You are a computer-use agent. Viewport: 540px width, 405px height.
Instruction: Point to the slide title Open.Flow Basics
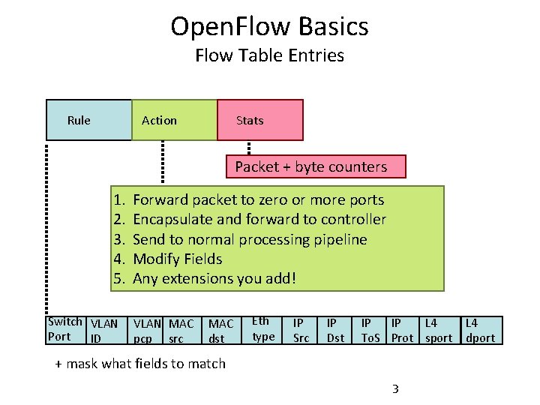(269, 27)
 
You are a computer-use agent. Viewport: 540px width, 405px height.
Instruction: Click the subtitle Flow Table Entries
(269, 55)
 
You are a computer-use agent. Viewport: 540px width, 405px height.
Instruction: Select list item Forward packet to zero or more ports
(257, 200)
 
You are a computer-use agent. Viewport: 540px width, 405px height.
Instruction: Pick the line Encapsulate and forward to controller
(259, 220)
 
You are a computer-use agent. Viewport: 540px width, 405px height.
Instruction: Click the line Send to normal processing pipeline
(250, 239)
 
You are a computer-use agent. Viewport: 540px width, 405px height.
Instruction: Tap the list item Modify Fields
(177, 259)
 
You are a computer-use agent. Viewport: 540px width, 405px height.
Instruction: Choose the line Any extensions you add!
(214, 278)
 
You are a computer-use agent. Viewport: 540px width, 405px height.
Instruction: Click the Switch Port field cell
(64, 329)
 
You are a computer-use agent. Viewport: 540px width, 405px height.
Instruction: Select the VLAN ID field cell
(103, 331)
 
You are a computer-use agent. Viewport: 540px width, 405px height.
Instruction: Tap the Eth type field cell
(263, 330)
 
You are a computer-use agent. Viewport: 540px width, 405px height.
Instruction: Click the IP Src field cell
(301, 331)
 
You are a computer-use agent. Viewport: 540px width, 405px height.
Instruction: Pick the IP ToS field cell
(370, 331)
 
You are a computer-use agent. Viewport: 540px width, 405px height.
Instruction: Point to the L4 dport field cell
(480, 331)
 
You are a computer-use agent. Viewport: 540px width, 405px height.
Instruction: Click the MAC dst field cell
(220, 331)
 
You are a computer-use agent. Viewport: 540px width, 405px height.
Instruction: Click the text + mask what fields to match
(140, 364)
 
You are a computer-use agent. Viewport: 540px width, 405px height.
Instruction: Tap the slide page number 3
(395, 388)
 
